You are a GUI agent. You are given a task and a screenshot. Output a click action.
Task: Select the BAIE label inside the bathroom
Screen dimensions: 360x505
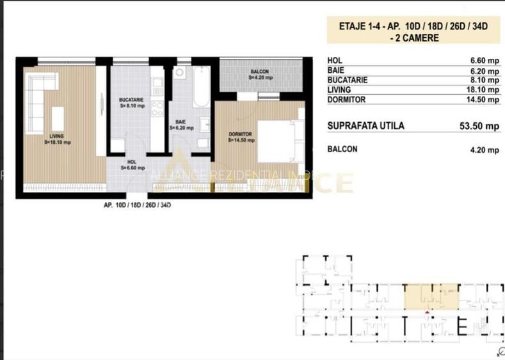tap(181, 124)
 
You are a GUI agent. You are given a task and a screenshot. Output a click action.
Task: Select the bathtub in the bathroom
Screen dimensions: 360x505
tap(199, 86)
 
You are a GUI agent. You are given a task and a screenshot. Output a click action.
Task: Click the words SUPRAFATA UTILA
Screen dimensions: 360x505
tap(365, 126)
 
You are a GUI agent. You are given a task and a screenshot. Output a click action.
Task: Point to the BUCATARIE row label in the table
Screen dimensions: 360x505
tap(349, 81)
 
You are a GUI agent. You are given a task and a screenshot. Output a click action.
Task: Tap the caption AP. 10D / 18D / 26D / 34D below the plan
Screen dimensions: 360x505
tap(137, 206)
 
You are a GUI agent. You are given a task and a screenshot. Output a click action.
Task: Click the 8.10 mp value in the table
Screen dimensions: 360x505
tap(484, 81)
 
